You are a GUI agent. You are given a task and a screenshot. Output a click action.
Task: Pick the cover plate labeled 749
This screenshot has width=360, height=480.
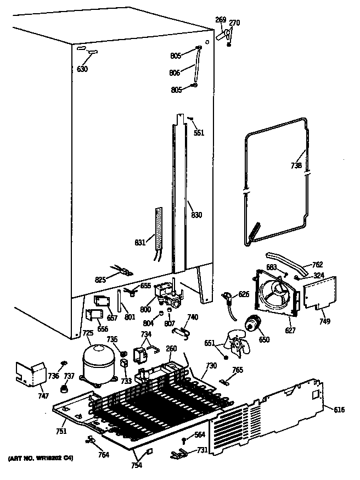click(x=319, y=292)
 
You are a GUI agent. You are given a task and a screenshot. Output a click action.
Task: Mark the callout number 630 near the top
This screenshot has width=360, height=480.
click(x=82, y=69)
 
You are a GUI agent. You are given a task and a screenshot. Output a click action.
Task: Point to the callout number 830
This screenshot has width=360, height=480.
click(x=196, y=215)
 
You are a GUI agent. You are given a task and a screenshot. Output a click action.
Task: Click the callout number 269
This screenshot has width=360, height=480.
click(x=220, y=20)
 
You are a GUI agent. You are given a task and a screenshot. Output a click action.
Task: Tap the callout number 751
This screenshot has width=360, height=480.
click(x=61, y=431)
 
